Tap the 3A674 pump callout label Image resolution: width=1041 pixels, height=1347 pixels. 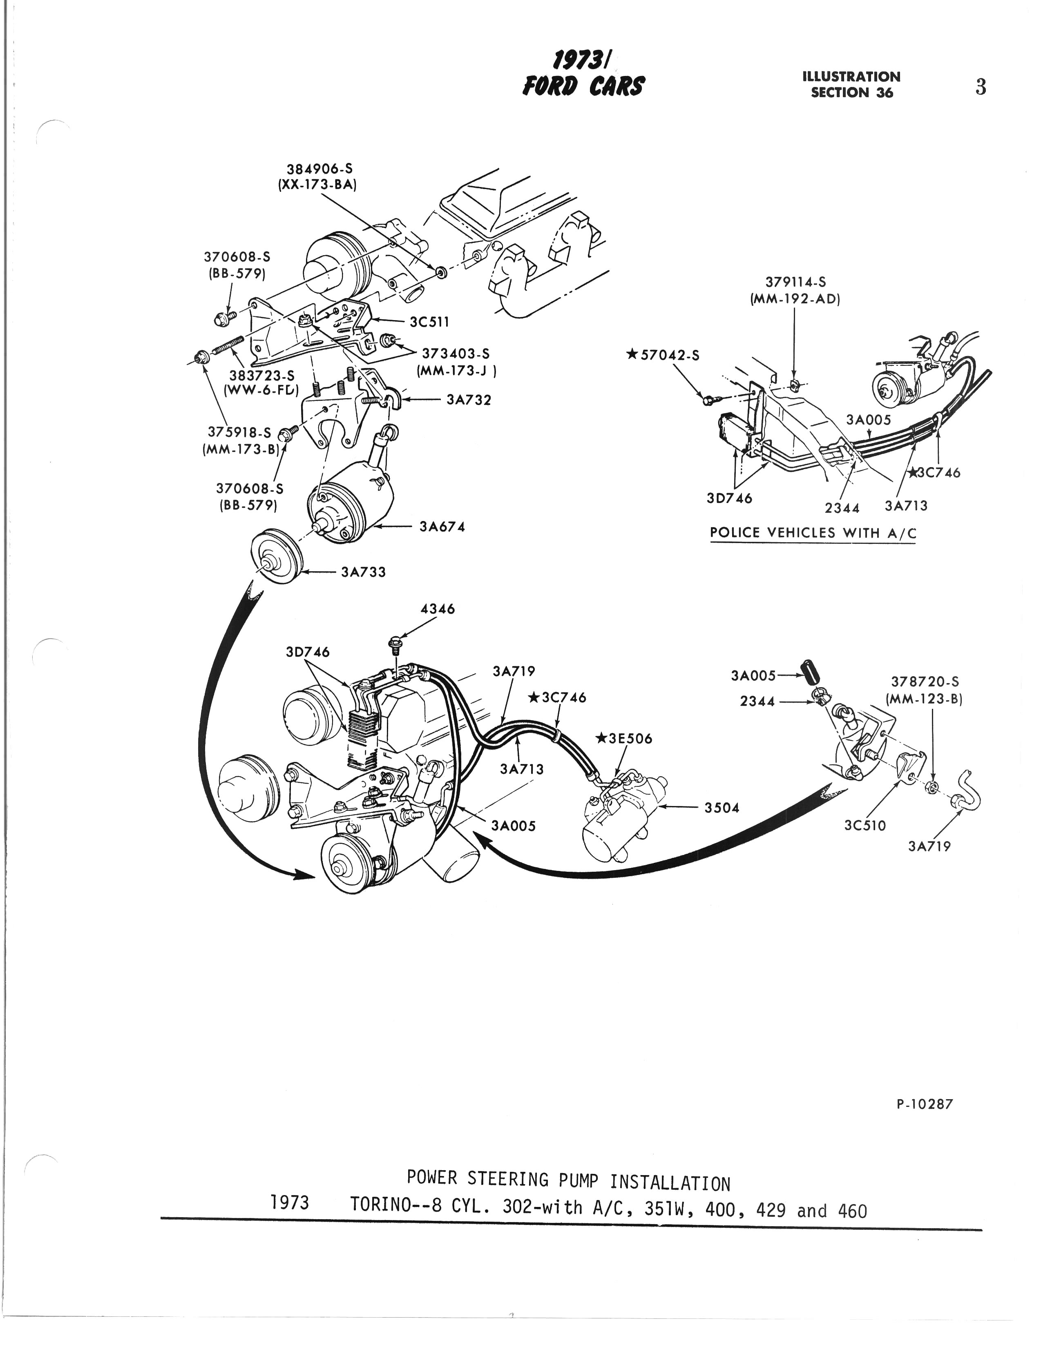442,527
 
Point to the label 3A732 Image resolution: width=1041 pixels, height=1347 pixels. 469,400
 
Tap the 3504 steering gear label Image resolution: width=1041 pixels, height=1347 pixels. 722,808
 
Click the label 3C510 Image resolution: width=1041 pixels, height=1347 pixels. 865,826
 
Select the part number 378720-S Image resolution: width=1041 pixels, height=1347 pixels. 925,682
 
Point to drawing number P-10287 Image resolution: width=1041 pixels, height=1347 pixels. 925,1104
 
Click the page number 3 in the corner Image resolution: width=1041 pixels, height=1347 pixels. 981,87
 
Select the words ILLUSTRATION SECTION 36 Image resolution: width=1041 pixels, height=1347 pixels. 851,85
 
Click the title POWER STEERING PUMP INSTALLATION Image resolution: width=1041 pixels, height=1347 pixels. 568,1180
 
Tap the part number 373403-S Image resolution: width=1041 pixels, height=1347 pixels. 456,354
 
